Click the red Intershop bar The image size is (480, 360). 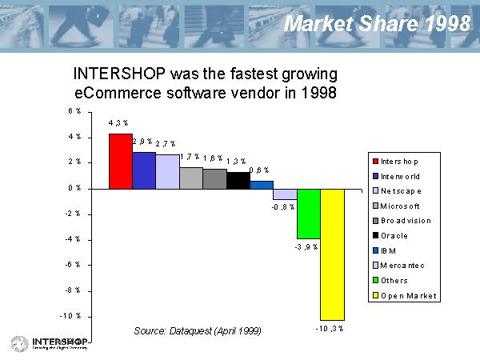[x=120, y=161]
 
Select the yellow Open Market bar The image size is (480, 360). [x=332, y=254]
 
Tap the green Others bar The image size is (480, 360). [x=308, y=214]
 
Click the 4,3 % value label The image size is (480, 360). [x=118, y=123]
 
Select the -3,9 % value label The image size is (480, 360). [x=306, y=246]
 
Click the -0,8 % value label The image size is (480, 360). [x=283, y=206]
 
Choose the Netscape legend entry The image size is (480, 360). [x=401, y=190]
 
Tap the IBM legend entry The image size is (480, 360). [x=388, y=250]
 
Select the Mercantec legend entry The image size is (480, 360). [x=402, y=266]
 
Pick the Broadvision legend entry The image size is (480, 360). [x=406, y=221]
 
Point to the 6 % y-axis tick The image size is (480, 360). [x=73, y=111]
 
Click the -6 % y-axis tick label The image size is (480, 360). [x=72, y=265]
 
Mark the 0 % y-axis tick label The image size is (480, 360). [x=73, y=188]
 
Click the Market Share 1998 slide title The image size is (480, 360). [x=378, y=24]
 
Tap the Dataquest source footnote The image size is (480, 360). [x=198, y=330]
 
